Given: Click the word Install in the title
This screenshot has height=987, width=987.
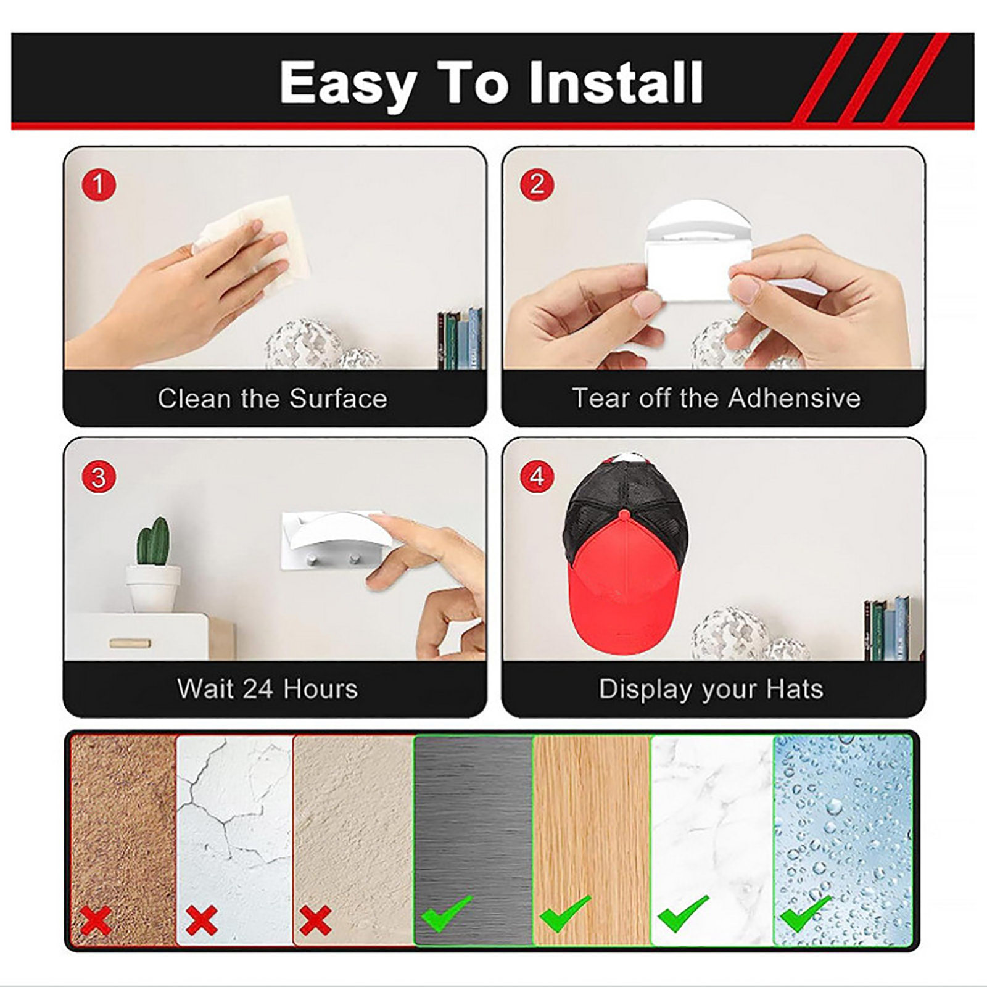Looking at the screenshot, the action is [616, 83].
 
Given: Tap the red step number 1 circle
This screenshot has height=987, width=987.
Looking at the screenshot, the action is [98, 184].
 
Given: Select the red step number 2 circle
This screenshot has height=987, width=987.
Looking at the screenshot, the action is [537, 184].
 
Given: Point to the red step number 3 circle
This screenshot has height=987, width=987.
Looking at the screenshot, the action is [98, 477].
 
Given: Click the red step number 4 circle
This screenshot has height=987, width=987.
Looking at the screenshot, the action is [537, 477].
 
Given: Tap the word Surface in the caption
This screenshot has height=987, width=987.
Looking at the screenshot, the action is [338, 399].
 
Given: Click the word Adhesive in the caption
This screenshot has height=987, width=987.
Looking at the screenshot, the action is [795, 398].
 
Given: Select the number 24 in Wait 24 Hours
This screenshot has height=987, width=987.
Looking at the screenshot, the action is [257, 689].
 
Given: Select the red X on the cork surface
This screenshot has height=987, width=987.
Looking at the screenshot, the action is [96, 921].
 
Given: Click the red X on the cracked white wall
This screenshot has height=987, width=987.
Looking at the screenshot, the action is [202, 921].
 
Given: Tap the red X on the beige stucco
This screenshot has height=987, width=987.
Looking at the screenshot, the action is [315, 921].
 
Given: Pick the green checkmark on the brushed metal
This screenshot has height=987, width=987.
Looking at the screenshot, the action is [447, 914].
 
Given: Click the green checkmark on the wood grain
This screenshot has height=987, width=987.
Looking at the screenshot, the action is [565, 914].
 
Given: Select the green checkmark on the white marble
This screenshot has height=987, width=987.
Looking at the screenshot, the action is [683, 914].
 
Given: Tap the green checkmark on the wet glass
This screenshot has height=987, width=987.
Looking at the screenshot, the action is [806, 914].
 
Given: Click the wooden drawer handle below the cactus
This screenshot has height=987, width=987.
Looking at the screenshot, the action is [130, 643].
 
